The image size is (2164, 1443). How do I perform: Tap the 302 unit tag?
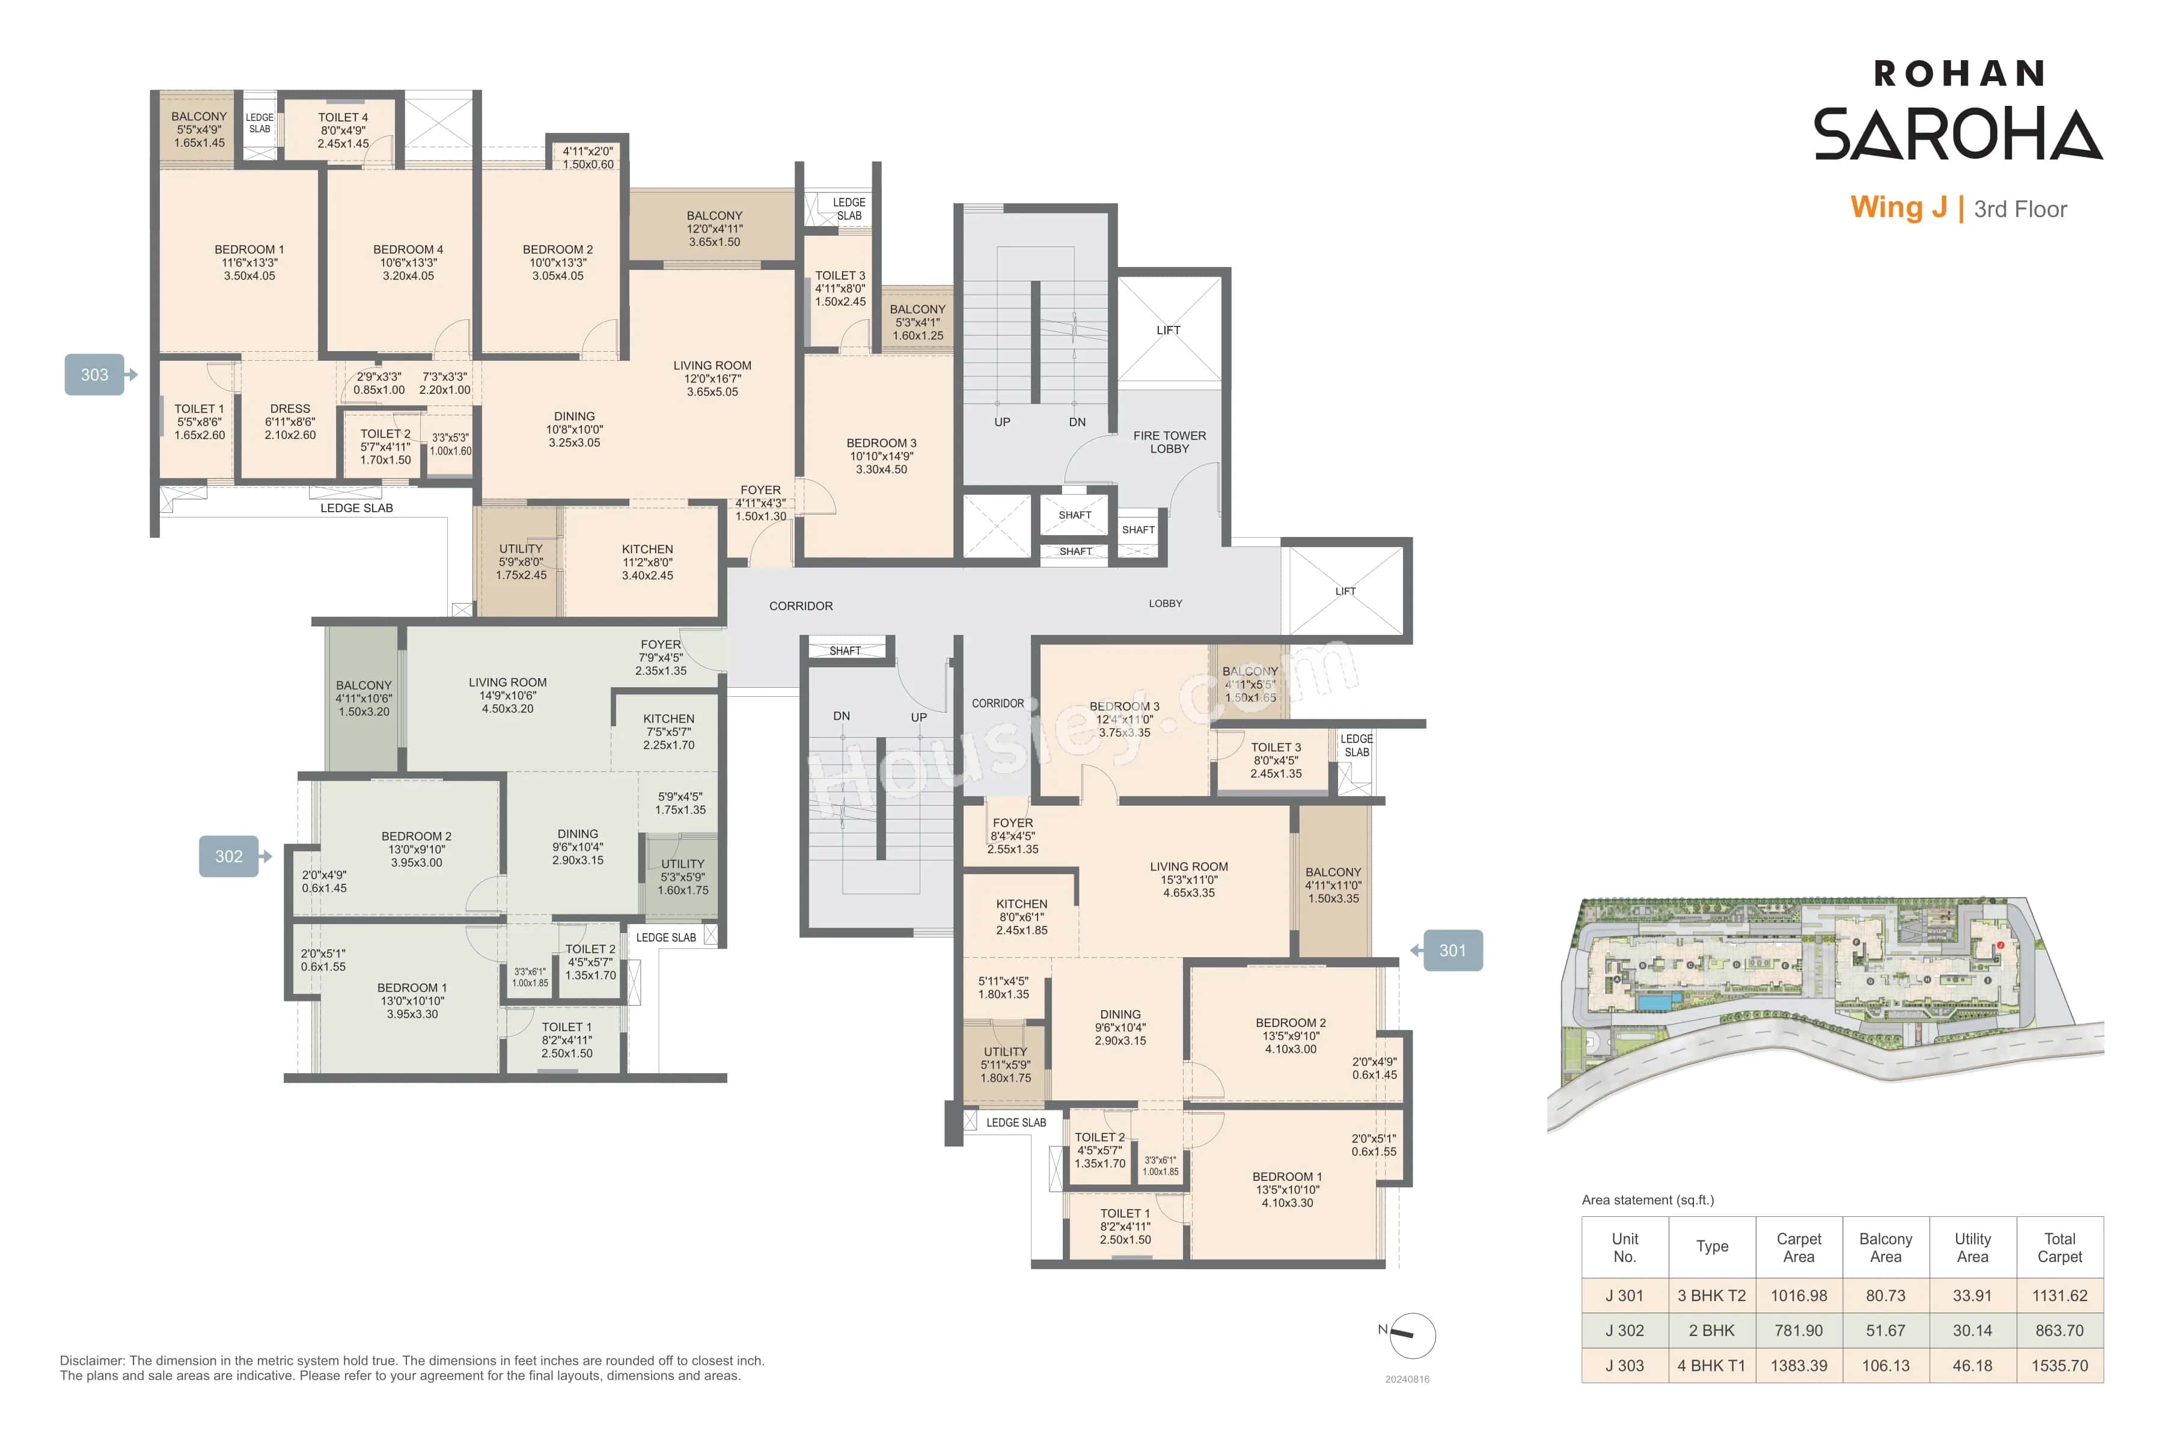[x=229, y=856]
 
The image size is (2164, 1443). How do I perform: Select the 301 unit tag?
[x=1452, y=951]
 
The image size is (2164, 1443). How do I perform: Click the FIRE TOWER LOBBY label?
[x=1169, y=442]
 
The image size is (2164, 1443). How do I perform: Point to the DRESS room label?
[x=290, y=409]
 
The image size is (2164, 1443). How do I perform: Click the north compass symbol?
[x=1410, y=1335]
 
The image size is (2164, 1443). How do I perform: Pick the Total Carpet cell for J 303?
[x=2059, y=1365]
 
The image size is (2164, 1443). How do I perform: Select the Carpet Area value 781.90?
[x=1798, y=1331]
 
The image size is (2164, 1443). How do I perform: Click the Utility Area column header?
[x=1972, y=1247]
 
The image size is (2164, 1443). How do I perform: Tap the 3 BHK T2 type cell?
[x=1711, y=1296]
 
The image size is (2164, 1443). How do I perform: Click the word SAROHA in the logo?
[x=1957, y=134]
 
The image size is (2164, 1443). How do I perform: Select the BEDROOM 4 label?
[x=408, y=250]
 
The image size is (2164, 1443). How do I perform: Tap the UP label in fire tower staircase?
[x=1002, y=423]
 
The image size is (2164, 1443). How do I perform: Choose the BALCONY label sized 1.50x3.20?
[x=364, y=685]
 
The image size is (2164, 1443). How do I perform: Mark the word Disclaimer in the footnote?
[x=91, y=1360]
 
